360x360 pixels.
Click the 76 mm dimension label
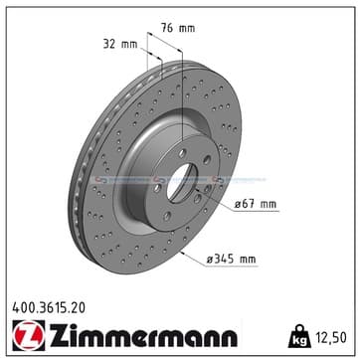178,28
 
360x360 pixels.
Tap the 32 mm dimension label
120,44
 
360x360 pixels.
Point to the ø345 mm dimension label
232,259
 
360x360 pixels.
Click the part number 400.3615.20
49,308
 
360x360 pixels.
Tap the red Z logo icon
29,335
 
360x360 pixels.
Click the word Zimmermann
143,335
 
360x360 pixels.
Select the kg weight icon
299,336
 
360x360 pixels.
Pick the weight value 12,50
331,337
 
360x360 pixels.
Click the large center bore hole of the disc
182,183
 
